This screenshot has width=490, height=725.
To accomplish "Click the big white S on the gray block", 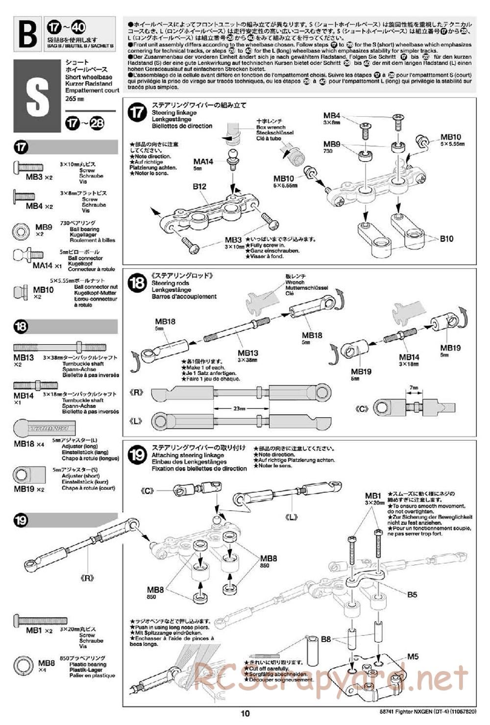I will pos(37,96).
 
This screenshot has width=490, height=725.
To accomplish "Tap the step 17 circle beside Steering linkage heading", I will pos(137,113).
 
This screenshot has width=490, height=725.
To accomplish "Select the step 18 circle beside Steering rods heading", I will pos(137,283).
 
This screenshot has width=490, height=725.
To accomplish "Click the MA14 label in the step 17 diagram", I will pos(203,161).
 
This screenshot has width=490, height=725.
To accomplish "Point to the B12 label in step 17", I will pos(199,186).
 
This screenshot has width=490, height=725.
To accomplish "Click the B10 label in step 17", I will pos(446,239).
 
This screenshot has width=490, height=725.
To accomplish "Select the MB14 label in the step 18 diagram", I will pos(409,357).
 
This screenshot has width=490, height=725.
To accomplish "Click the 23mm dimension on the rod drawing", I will pos(226,408).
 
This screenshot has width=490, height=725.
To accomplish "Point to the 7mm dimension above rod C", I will pos(414,388).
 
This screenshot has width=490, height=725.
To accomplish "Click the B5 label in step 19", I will pos(412,595).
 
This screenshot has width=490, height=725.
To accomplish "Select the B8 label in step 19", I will pos(326,639).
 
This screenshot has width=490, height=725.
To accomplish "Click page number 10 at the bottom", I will pos(245,713).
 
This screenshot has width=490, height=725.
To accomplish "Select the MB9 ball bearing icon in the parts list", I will pos(21,229).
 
